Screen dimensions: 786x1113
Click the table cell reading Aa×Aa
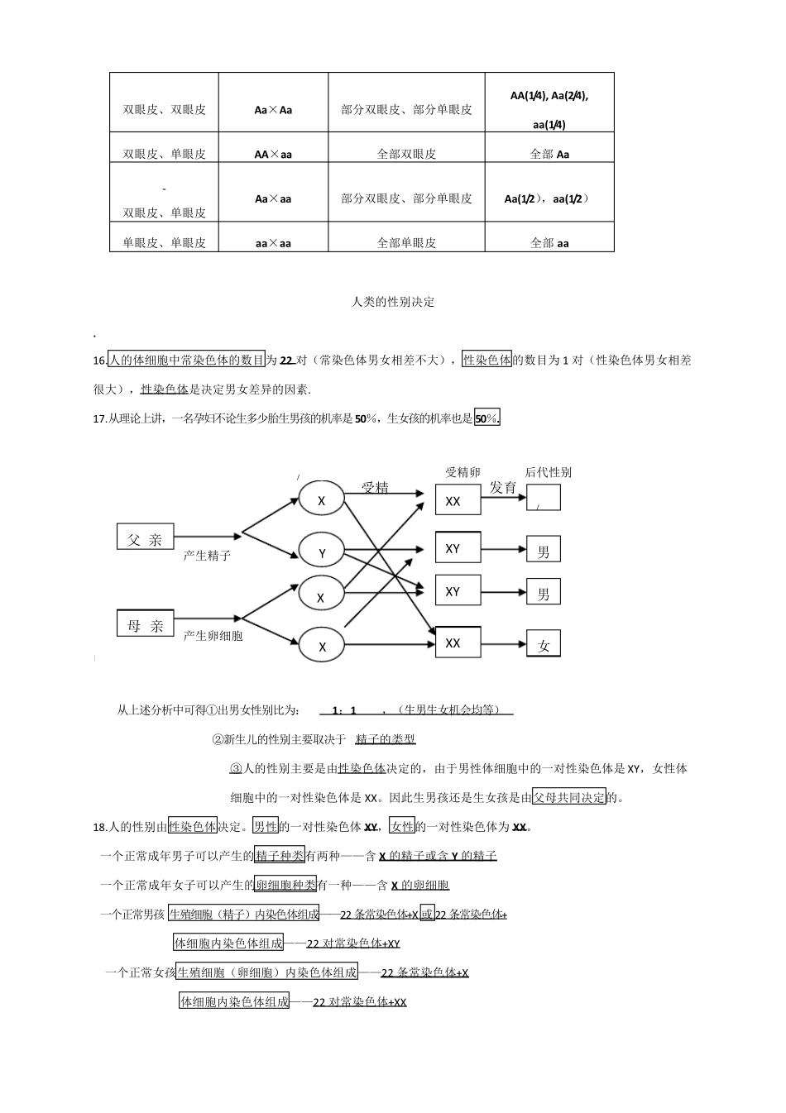tap(273, 109)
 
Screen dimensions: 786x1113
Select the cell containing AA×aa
tap(273, 154)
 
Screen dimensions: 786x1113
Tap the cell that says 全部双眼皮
tap(406, 154)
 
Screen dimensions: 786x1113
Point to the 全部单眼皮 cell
tap(406, 243)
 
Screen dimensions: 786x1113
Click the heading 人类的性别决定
tap(393, 302)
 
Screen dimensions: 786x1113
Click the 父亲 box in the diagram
tap(145, 539)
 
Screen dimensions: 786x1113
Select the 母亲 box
tap(145, 625)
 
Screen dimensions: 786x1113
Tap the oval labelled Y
tap(322, 551)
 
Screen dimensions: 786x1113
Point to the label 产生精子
tap(207, 556)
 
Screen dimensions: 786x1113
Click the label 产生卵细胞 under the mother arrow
tap(213, 636)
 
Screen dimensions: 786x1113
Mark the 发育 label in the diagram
tap(503, 487)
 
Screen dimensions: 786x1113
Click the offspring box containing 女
tap(544, 645)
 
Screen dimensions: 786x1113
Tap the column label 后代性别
tap(548, 472)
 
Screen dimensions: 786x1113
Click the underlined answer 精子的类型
tap(386, 738)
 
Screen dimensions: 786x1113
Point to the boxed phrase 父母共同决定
tap(569, 798)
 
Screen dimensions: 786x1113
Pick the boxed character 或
tap(426, 914)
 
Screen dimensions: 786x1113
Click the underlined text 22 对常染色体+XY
tap(353, 943)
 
